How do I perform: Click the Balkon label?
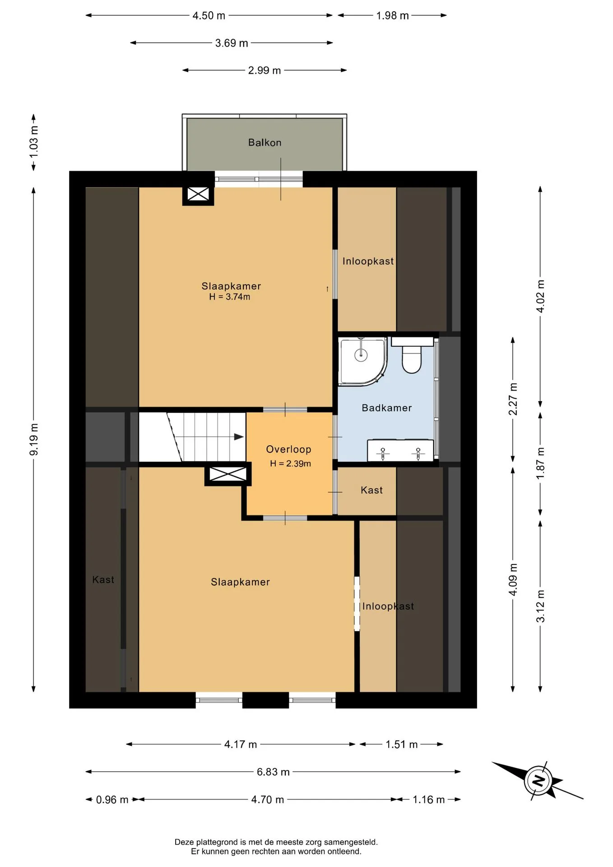click(265, 143)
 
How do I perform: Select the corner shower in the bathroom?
click(362, 362)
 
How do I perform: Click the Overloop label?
click(288, 449)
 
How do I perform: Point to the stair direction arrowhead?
click(239, 437)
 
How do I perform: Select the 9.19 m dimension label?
click(34, 440)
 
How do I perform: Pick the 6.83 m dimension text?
click(273, 772)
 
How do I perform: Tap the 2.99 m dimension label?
click(265, 70)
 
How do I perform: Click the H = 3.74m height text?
click(230, 297)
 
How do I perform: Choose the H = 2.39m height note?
click(291, 463)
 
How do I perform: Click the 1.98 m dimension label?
click(393, 16)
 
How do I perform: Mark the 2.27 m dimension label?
click(513, 399)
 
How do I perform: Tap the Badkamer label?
click(387, 408)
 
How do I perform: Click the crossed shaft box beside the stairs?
click(228, 474)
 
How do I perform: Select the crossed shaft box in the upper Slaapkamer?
click(198, 195)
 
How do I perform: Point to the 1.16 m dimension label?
click(429, 800)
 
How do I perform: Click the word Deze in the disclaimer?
click(184, 842)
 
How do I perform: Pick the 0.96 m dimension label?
click(112, 800)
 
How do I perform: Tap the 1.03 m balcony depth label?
click(34, 142)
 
